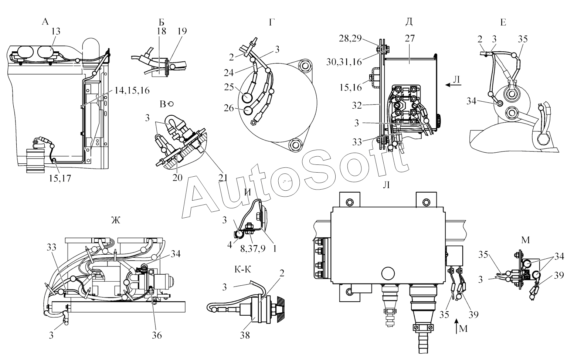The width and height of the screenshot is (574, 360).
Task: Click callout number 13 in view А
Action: (x=55, y=32)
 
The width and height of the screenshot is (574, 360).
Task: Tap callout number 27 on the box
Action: (x=410, y=38)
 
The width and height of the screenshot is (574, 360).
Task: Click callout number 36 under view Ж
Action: (x=156, y=335)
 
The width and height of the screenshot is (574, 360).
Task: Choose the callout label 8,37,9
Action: (x=253, y=249)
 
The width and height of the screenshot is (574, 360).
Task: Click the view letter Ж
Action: (x=115, y=221)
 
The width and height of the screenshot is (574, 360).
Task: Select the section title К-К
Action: (x=243, y=270)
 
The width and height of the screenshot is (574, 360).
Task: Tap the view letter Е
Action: (x=503, y=23)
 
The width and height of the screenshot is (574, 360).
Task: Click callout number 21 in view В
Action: (x=223, y=177)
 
